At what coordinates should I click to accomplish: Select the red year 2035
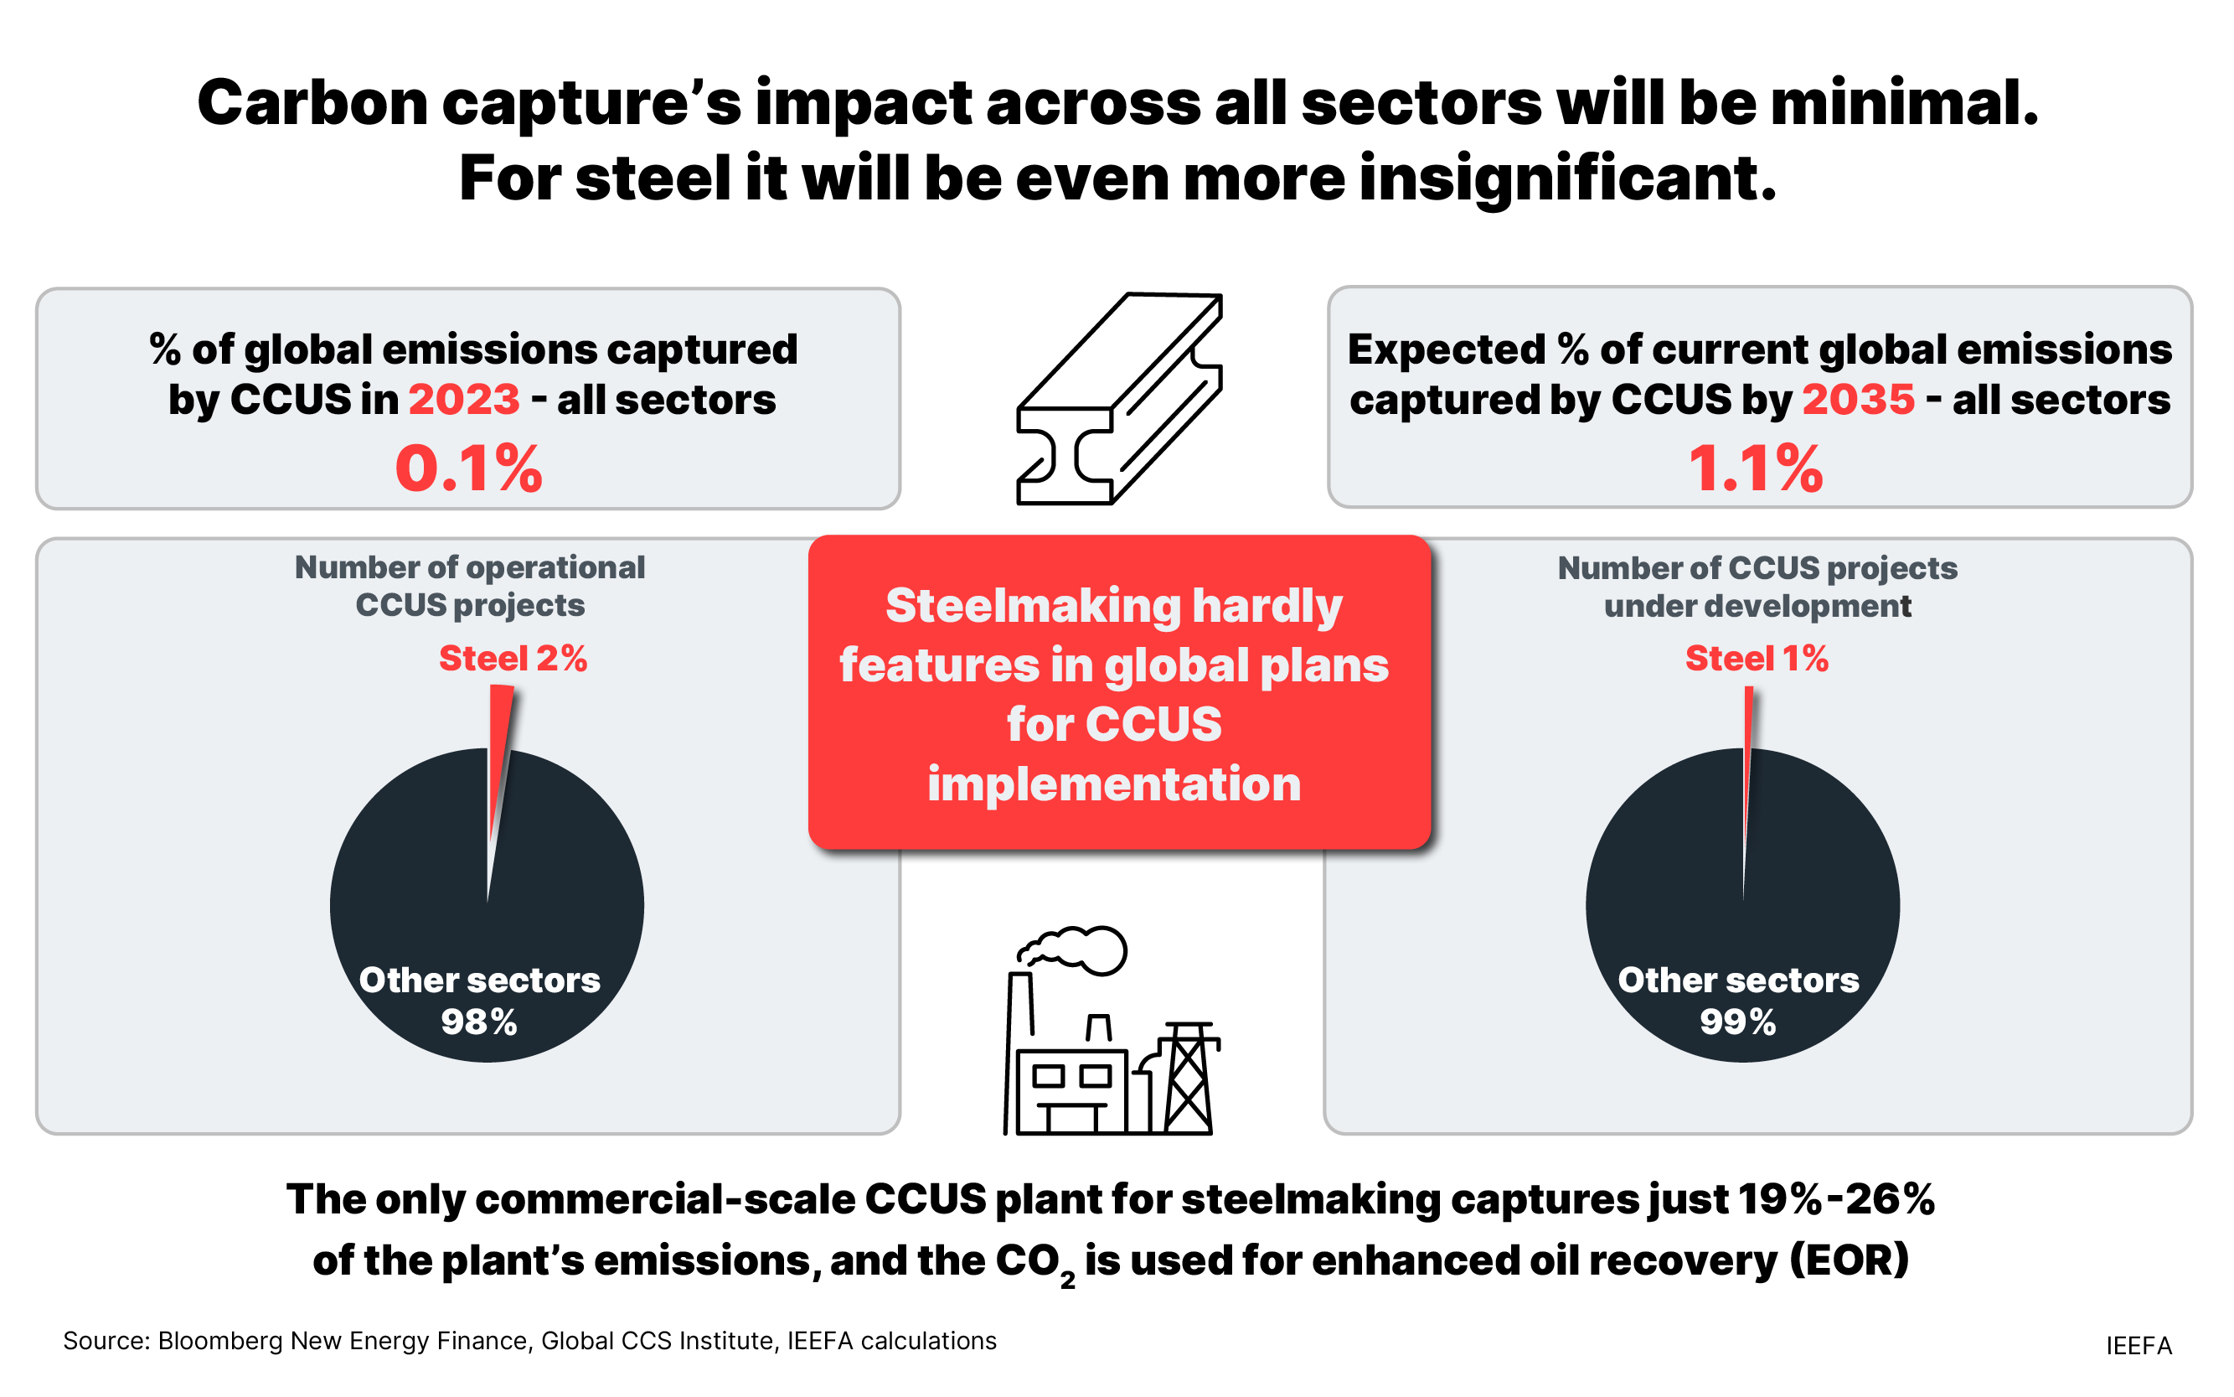coord(1858,399)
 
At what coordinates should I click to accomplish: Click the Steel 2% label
coord(513,659)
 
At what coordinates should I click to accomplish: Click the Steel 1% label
coord(1757,659)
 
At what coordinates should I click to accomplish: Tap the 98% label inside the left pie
coord(478,1022)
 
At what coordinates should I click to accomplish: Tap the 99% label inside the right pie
coord(1737,1022)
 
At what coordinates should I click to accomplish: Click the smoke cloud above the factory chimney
coord(1076,949)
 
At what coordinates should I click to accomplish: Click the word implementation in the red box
coord(1114,784)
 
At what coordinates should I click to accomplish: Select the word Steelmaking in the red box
coord(1034,606)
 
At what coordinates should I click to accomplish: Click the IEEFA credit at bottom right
coord(2138,1345)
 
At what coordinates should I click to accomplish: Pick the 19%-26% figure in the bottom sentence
coord(1835,1199)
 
